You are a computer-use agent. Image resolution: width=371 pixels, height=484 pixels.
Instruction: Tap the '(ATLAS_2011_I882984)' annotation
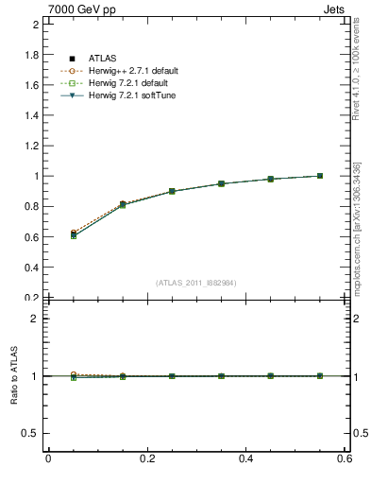tap(196, 283)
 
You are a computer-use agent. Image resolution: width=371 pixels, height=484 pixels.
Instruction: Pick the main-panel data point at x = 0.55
tap(320, 176)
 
